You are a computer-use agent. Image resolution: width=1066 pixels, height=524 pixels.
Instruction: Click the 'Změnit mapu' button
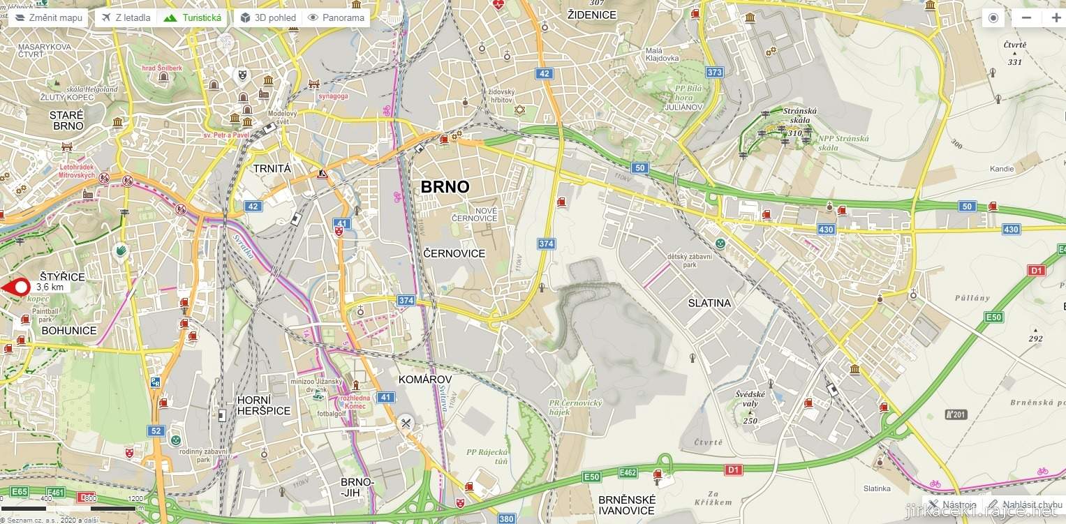coord(48,17)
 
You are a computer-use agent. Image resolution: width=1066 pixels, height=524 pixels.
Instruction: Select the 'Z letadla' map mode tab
coord(126,17)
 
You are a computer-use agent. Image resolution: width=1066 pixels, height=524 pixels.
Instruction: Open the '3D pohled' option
coord(268,17)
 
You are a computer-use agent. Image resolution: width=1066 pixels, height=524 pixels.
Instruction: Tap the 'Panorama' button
coord(336,17)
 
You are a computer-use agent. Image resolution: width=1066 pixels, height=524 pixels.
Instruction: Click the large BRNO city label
coord(445,187)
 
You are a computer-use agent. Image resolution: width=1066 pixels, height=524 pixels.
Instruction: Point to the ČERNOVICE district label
coord(454,253)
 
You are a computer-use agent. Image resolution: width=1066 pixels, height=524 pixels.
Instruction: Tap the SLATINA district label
coord(709,303)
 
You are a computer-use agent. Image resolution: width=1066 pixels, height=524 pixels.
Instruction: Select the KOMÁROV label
coord(424,379)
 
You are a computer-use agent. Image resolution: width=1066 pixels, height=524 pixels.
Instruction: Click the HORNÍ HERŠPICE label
coord(263,405)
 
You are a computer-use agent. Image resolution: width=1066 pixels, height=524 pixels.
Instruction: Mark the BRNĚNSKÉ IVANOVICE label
coord(627,505)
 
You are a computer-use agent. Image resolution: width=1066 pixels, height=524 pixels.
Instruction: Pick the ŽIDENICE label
coord(592,15)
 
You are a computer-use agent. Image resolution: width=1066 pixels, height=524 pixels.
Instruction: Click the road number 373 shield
coord(714,72)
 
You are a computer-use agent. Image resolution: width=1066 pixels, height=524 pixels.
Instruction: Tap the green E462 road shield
coord(628,473)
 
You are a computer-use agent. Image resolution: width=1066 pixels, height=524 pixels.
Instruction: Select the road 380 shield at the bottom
coord(506,518)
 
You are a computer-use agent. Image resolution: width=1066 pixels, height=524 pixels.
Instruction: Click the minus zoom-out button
coord(1026,18)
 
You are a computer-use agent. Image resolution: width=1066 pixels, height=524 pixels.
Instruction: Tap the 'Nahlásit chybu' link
coord(1025,504)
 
